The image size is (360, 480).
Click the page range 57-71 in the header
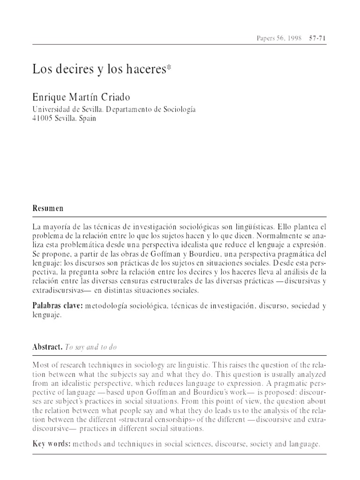click(x=317, y=38)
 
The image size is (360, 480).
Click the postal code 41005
click(x=42, y=119)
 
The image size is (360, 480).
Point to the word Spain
click(x=88, y=119)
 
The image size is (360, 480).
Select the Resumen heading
click(x=48, y=208)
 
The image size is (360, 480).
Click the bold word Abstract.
click(x=46, y=347)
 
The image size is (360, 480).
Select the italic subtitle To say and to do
click(x=91, y=347)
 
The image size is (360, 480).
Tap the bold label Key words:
click(x=51, y=443)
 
